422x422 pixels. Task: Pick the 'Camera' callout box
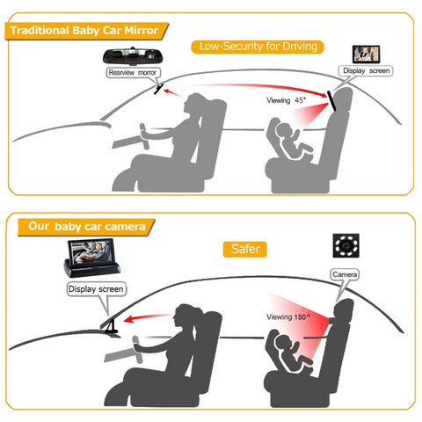tap(345, 274)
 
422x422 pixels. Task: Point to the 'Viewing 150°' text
tap(289, 316)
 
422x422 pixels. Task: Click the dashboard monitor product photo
tap(95, 255)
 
